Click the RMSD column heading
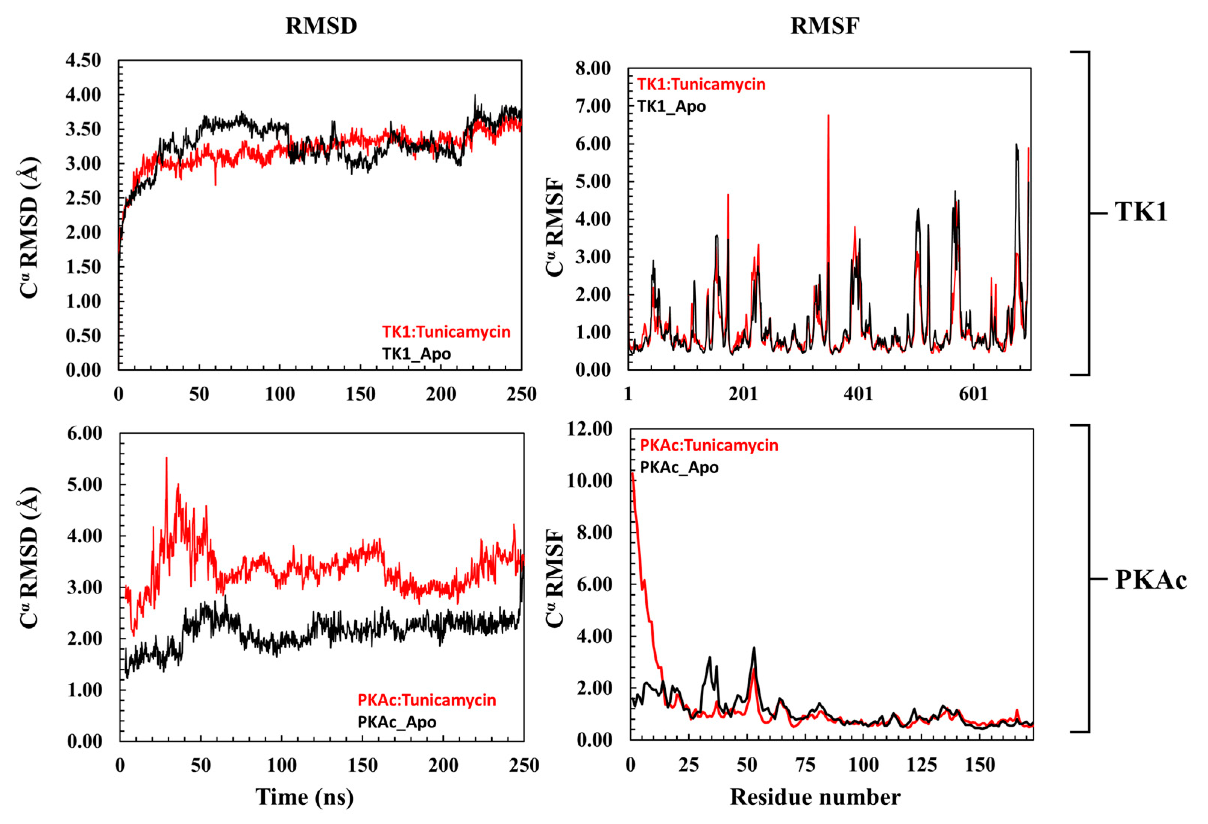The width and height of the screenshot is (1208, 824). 321,26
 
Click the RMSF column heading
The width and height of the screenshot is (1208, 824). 824,26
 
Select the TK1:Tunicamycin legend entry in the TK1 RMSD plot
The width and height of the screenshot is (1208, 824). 446,332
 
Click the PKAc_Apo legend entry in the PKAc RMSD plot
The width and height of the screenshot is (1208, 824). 397,722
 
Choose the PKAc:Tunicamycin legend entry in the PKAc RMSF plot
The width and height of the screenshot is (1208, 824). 709,446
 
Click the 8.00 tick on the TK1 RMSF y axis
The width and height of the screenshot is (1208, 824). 593,68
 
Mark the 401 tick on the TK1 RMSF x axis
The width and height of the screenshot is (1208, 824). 858,394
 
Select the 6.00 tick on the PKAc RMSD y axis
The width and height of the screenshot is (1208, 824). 85,434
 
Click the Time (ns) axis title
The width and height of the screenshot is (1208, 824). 304,797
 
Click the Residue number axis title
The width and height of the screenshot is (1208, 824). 815,797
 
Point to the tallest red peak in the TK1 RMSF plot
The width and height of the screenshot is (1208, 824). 828,116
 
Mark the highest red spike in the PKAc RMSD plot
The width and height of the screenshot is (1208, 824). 166,458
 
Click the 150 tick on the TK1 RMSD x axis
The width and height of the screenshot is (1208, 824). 360,395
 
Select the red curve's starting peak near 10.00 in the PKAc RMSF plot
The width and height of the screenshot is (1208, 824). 632,473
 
